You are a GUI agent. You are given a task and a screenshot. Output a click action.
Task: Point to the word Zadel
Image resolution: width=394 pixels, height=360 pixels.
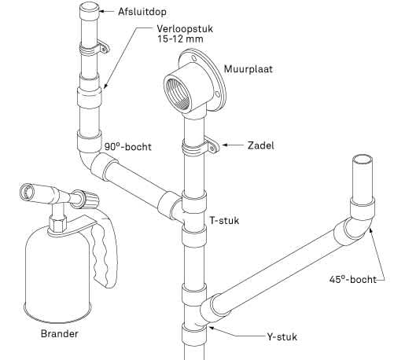(260, 145)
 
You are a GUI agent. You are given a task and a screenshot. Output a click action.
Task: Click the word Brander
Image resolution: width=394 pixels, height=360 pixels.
(61, 333)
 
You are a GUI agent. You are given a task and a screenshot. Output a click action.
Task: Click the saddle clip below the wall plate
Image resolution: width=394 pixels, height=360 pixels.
(200, 146)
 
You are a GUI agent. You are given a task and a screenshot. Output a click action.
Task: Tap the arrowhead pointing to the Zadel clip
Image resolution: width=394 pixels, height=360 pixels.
(226, 145)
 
